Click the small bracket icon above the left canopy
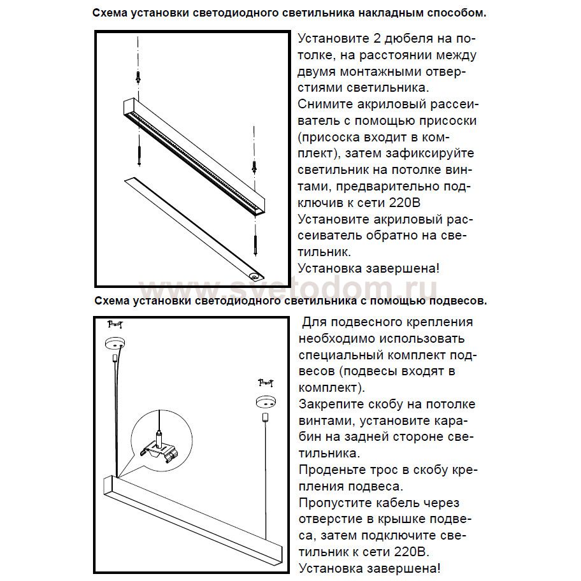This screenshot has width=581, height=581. pyautogui.click(x=115, y=324)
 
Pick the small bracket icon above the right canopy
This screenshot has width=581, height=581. pyautogui.click(x=265, y=382)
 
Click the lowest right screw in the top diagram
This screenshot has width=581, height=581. pyautogui.click(x=254, y=243)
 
